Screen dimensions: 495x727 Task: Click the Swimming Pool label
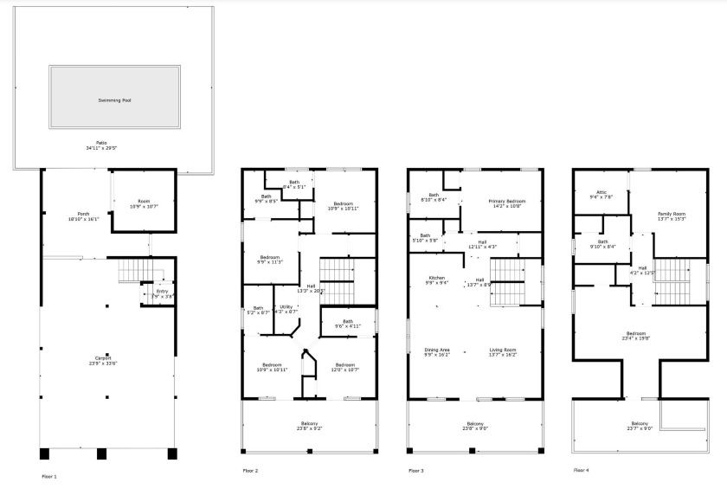tap(114, 100)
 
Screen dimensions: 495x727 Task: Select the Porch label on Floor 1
tap(83, 214)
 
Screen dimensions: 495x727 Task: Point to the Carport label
tap(103, 357)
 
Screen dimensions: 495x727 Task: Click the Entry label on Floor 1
tap(163, 292)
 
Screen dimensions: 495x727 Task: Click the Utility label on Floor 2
tap(286, 306)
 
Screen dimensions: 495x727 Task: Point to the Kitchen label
tap(435, 279)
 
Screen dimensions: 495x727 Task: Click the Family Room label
tap(672, 214)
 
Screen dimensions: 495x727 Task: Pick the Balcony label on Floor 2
tap(309, 424)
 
